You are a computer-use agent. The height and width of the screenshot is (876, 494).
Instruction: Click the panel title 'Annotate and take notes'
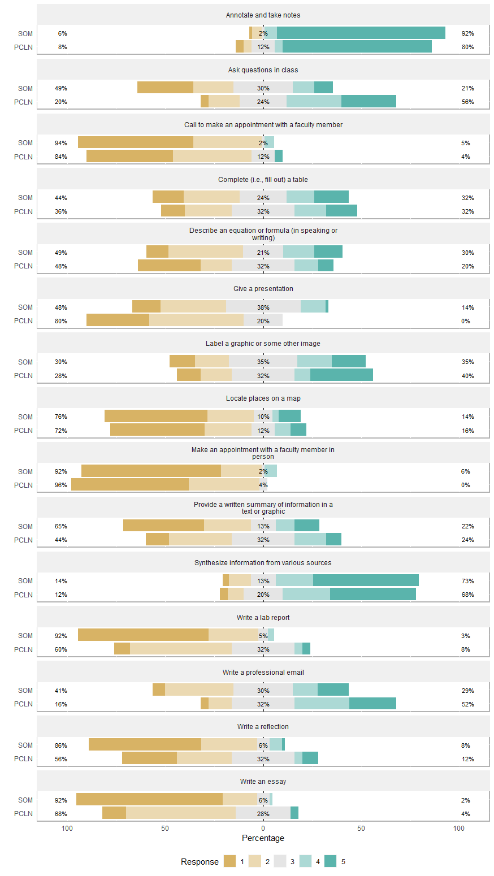tap(263, 15)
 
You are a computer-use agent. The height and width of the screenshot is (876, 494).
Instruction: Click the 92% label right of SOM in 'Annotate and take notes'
tap(467, 33)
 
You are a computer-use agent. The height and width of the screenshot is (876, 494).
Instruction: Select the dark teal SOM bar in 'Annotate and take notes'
tap(361, 33)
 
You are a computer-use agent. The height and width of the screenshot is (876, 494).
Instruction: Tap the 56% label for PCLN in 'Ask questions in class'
tap(467, 102)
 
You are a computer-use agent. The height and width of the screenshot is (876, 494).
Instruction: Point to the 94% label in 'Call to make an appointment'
tap(61, 143)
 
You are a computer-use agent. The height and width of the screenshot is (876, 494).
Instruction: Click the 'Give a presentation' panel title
tap(263, 289)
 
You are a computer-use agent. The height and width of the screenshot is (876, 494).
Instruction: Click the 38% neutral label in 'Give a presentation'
tap(263, 307)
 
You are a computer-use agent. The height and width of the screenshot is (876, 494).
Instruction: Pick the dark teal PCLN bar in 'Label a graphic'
tap(341, 376)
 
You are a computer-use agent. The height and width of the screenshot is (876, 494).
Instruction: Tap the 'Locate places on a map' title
tap(263, 398)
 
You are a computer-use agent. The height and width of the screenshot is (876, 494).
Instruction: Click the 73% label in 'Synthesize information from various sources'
tap(467, 581)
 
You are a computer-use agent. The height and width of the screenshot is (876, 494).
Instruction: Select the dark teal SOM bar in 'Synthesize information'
tap(366, 581)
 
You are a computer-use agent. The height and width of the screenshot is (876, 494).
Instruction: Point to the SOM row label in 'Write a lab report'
tap(25, 636)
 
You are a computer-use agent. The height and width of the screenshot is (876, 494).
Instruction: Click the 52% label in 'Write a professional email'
tap(467, 704)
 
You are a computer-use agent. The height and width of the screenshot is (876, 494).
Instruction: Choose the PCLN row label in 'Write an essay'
tap(24, 814)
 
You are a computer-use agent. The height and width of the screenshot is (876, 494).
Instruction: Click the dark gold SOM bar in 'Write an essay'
tap(149, 800)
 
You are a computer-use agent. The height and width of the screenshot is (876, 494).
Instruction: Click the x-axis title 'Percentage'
tap(263, 838)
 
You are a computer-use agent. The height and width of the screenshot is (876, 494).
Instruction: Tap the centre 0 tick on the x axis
tap(263, 829)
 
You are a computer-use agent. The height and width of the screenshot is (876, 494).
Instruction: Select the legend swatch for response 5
tap(331, 861)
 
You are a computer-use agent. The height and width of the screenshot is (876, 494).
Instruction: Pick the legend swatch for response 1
tap(229, 861)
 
